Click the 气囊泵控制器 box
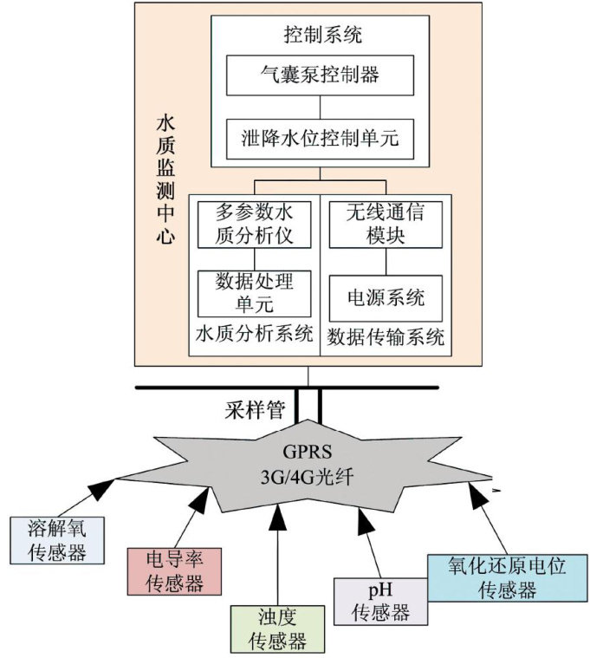coord(321,75)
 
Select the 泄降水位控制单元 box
coord(321,136)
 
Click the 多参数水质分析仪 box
coord(255,224)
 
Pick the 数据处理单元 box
coord(255,293)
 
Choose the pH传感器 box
coord(380,601)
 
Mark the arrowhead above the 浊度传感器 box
coord(277,516)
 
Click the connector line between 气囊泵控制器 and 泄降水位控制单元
coord(321,107)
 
